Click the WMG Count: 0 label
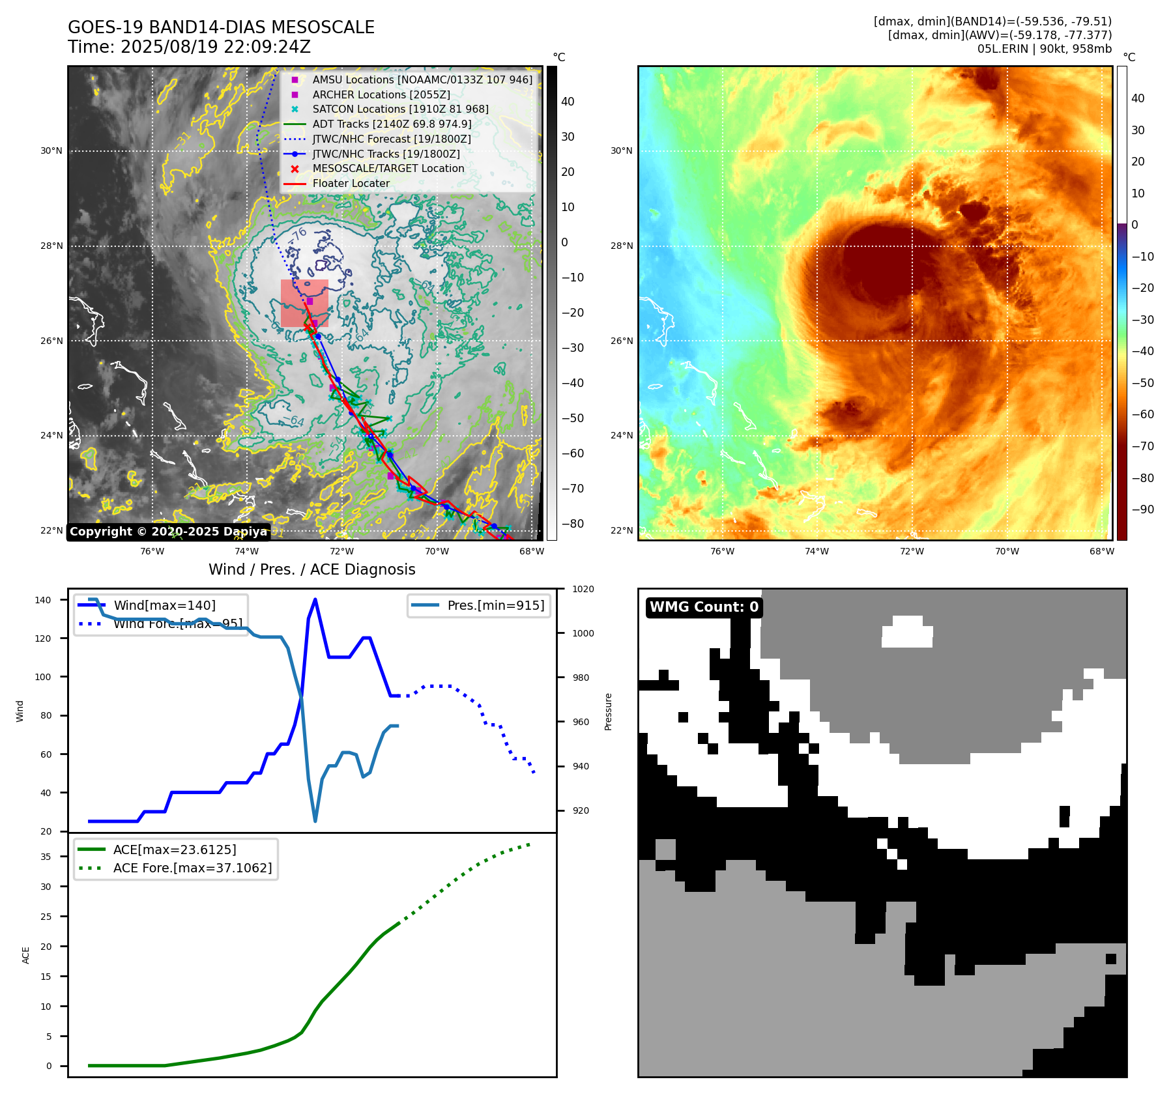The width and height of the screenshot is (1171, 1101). point(704,607)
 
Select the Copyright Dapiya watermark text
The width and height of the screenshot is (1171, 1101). point(168,532)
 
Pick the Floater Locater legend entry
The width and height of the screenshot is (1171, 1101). point(351,183)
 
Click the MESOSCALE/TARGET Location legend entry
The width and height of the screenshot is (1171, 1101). point(388,168)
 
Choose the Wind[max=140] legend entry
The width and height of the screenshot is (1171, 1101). point(164,605)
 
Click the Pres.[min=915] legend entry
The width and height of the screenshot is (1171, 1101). point(495,605)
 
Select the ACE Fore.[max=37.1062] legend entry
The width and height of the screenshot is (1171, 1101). point(192,868)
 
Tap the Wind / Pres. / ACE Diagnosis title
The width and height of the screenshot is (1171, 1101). point(311,569)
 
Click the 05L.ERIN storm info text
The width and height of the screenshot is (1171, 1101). point(1044,49)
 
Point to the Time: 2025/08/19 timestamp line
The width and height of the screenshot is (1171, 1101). point(189,47)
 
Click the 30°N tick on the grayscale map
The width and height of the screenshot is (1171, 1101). point(51,151)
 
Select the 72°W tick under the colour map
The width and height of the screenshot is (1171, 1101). point(912,551)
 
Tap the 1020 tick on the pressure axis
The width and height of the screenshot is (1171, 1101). point(583,589)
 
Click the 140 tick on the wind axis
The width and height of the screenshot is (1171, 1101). point(43,600)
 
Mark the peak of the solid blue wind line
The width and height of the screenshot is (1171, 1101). point(315,599)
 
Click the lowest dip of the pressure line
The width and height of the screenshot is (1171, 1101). point(315,821)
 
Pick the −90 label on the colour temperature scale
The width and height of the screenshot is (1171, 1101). point(1142,509)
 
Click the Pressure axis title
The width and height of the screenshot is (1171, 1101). point(609,711)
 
